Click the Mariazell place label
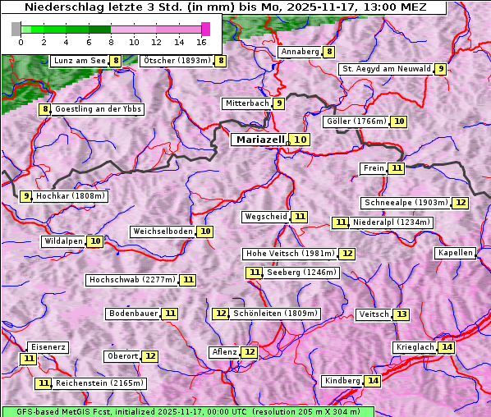(259, 140)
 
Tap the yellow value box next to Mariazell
(300, 140)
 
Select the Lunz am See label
(80, 61)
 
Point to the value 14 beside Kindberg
(373, 381)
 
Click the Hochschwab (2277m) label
(132, 280)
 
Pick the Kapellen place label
(455, 253)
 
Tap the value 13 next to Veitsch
(401, 314)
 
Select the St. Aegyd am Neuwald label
(386, 69)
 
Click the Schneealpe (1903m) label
(406, 203)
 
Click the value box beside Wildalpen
(95, 241)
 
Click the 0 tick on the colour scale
(21, 42)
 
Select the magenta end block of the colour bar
(205, 29)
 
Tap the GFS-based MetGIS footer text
(187, 411)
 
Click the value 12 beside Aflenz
(250, 352)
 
